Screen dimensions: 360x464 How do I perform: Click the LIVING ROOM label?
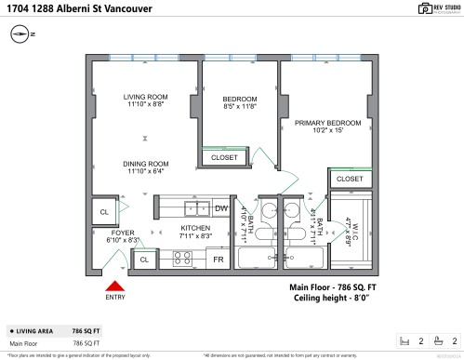[145, 97]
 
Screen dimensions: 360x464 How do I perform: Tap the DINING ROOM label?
[145, 164]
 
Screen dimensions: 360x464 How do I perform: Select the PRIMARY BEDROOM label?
[327, 123]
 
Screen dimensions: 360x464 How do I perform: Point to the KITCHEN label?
[194, 228]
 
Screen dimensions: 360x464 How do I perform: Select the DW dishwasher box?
[221, 208]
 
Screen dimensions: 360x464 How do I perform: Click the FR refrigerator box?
[219, 260]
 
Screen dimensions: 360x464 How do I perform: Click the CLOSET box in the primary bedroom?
[349, 179]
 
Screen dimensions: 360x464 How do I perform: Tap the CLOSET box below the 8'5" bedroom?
[224, 157]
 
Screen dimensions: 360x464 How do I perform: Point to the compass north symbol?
[20, 35]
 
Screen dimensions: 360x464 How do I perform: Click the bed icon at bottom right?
[404, 340]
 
